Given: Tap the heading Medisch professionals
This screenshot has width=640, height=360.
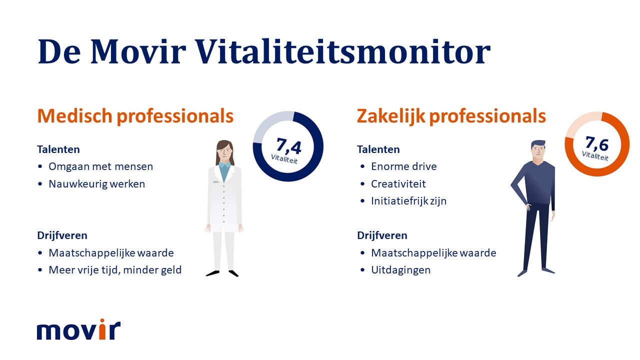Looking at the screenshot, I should [x=135, y=116].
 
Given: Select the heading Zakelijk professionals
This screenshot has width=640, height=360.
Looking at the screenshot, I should [x=451, y=116].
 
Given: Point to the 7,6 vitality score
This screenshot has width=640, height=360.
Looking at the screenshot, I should [x=597, y=144].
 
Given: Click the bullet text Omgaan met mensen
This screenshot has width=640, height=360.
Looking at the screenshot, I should [x=100, y=166].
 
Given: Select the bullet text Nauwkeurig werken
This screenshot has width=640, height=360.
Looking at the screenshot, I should [x=96, y=184].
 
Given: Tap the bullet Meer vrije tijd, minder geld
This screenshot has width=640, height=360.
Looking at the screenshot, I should [x=115, y=270].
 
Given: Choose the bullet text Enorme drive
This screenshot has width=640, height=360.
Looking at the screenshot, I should [x=403, y=166].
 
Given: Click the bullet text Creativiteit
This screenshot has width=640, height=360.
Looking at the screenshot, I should [x=398, y=184].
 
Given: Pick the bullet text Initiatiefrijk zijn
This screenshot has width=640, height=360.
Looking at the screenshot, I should [x=408, y=201].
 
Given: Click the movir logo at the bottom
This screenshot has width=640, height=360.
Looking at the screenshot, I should [x=78, y=330].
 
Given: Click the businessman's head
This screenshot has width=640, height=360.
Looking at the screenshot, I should [x=538, y=149].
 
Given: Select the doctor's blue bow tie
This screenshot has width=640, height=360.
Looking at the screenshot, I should [x=224, y=165].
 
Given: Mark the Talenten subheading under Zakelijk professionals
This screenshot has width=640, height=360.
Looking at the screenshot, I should [x=378, y=149].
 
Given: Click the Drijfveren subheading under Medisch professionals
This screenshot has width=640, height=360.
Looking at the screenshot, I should [x=62, y=235].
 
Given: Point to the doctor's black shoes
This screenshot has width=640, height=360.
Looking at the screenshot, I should [x=222, y=273].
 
